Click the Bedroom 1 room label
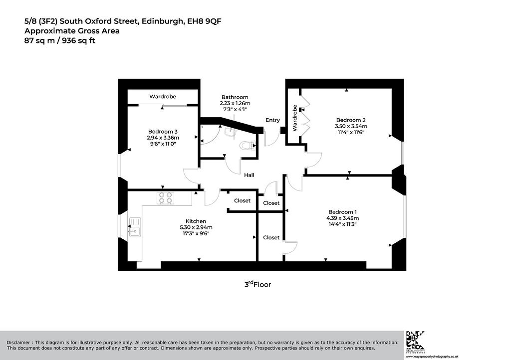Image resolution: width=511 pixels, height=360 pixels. click(x=343, y=212)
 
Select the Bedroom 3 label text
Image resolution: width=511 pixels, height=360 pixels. click(x=163, y=132)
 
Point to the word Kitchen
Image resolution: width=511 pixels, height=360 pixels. click(x=196, y=221)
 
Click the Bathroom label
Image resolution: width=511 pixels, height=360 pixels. click(x=235, y=97)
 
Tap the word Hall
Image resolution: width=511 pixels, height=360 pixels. click(x=249, y=175)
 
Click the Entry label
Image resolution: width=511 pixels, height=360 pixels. click(x=272, y=120)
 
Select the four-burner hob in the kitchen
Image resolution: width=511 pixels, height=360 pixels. click(x=166, y=198)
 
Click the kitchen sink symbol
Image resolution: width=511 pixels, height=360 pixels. click(x=135, y=227)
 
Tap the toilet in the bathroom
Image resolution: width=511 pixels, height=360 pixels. click(x=248, y=145)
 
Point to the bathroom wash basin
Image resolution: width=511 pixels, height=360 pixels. click(x=230, y=130)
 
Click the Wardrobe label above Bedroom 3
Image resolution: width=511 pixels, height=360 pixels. click(x=163, y=96)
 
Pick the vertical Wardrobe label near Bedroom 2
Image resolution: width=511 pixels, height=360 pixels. click(x=295, y=118)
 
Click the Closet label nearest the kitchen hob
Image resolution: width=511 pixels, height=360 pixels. click(x=242, y=200)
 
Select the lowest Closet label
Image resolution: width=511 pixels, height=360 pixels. click(x=271, y=238)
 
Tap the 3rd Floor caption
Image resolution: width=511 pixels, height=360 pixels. click(x=258, y=284)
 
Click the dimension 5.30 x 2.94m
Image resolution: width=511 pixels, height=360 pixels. click(x=196, y=227)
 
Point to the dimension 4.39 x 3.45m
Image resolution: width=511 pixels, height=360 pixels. click(x=343, y=218)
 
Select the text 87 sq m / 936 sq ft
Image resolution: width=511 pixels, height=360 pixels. click(x=60, y=41)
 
